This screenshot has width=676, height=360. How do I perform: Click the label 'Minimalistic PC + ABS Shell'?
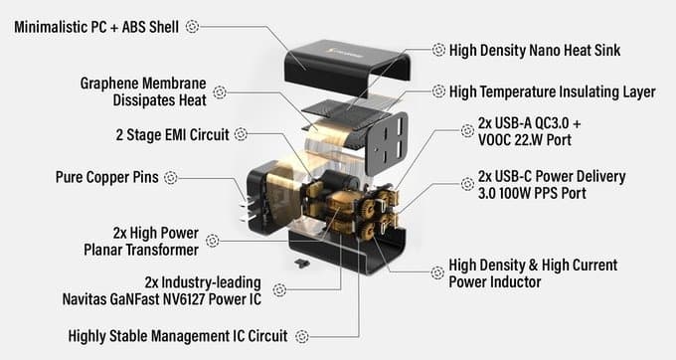point(96,27)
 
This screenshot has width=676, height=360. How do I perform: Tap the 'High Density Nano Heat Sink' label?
point(535,50)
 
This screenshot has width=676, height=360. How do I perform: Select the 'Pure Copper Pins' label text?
point(107,177)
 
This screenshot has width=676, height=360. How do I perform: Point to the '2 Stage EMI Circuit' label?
point(172,134)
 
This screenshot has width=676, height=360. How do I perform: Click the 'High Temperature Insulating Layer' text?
point(553,91)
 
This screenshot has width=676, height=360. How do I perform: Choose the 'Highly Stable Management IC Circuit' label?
point(178,336)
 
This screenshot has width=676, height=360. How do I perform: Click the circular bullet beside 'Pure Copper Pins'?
point(171,177)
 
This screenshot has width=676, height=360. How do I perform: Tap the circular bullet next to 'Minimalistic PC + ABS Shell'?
point(192,27)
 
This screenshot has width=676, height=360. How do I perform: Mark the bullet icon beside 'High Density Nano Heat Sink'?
point(438,50)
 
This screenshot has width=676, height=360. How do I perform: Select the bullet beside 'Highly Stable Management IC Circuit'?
point(302,336)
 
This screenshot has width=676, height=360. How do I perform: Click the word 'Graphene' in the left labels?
point(109,84)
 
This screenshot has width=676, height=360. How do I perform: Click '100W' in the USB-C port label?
point(515,193)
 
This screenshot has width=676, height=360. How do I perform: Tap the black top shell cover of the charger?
point(346,67)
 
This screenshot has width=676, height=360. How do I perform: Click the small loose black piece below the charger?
point(302,263)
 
